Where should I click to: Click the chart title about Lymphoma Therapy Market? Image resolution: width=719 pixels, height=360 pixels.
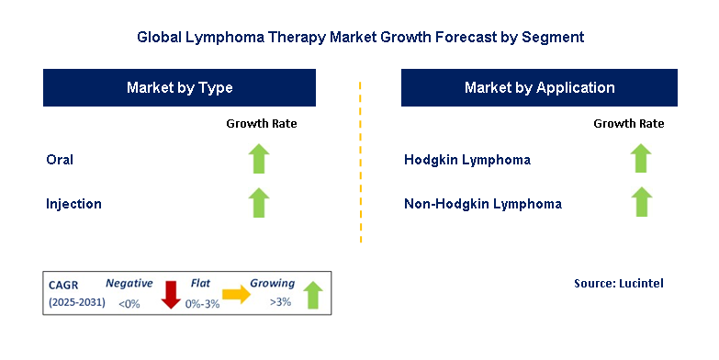click(360, 38)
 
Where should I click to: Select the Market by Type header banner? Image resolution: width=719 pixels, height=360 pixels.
click(179, 88)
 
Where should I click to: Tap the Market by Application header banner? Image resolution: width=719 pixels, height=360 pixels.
click(539, 88)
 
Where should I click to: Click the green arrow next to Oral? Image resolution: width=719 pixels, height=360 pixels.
click(260, 160)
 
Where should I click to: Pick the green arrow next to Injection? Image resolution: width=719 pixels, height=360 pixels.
click(260, 202)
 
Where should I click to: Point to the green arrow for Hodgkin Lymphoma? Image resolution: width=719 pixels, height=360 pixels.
click(641, 160)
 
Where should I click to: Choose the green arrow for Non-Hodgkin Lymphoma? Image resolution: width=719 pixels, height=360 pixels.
click(641, 202)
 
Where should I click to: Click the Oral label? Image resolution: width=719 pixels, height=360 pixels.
click(60, 160)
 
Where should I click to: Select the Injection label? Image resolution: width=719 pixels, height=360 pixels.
click(73, 203)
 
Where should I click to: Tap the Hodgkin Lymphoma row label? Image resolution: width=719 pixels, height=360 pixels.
click(467, 160)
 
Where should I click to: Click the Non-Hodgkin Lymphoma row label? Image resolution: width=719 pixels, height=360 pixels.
click(483, 203)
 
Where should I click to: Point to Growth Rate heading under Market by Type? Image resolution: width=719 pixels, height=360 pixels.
click(262, 123)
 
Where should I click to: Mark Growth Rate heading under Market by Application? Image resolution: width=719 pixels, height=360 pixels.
click(628, 123)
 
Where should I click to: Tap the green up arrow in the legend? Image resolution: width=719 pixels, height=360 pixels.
click(312, 295)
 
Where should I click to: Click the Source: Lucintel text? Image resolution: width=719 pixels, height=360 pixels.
click(618, 284)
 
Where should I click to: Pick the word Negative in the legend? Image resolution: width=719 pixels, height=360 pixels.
click(128, 284)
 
